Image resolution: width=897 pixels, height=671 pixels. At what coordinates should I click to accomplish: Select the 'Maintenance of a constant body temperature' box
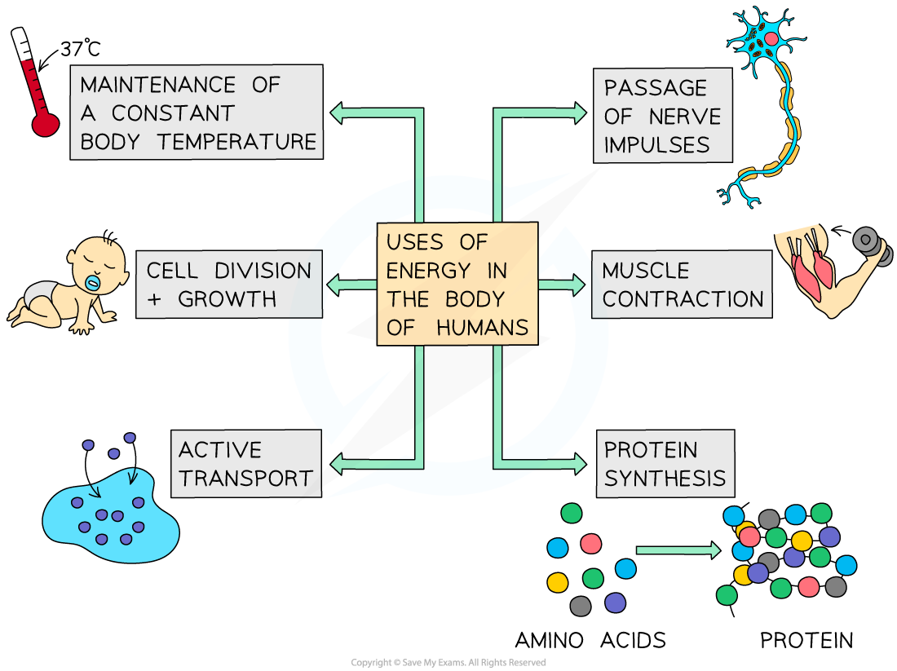tap(197, 113)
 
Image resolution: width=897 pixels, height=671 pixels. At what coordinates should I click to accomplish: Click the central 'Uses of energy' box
tap(457, 285)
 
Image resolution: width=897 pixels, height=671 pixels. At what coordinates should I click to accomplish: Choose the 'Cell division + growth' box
tap(229, 285)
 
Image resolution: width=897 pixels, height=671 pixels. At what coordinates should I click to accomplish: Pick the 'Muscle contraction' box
tap(682, 285)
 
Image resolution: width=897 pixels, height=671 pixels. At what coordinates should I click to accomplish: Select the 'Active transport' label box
tap(245, 464)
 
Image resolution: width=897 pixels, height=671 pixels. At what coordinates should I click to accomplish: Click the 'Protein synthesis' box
tap(665, 464)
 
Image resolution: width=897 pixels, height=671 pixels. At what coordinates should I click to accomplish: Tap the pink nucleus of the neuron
tap(771, 38)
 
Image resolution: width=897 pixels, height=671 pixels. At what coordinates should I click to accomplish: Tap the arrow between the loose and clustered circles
tap(678, 550)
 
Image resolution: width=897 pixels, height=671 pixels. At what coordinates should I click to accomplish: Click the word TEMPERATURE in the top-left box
tap(236, 141)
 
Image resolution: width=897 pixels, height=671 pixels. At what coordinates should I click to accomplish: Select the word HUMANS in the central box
tap(483, 328)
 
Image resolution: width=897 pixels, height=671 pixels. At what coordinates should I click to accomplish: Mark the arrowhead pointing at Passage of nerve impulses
tap(580, 113)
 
